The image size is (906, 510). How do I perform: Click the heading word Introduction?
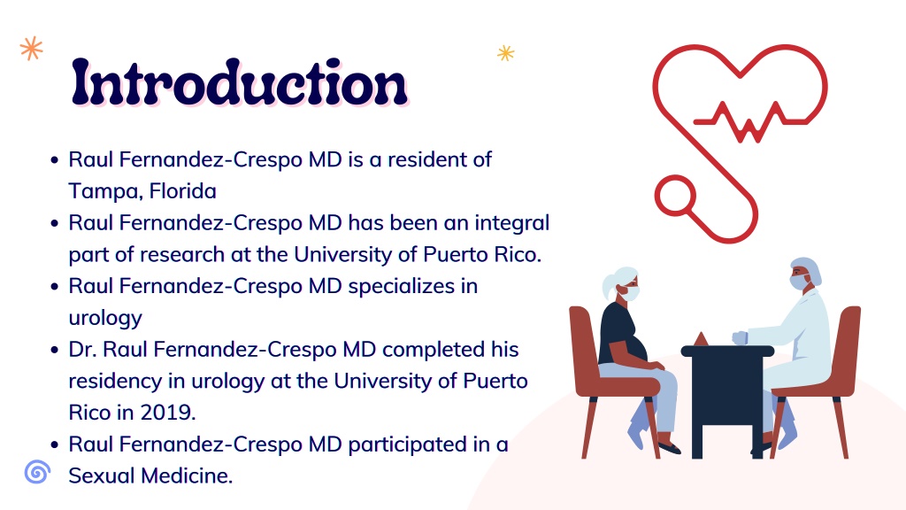click(x=239, y=82)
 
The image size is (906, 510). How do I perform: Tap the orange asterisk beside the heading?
click(x=31, y=49)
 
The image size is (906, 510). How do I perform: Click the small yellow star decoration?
click(x=505, y=53)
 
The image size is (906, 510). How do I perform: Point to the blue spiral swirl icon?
click(x=37, y=472)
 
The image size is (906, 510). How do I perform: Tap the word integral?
click(x=512, y=223)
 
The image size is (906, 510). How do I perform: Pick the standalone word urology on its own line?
click(x=105, y=318)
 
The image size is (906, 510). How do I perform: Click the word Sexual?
click(x=102, y=475)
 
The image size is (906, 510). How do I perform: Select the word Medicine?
click(x=188, y=475)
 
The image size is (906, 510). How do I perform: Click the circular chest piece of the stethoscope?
click(x=675, y=196)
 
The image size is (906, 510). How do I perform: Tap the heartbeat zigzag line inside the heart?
click(x=749, y=122)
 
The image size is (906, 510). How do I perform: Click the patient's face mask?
click(x=629, y=293)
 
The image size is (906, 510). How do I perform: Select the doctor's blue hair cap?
click(x=808, y=269)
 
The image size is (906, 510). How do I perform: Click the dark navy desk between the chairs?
click(x=727, y=399)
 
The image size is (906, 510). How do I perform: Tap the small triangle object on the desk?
click(x=701, y=339)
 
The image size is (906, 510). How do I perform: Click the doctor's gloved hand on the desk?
click(x=741, y=337)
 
